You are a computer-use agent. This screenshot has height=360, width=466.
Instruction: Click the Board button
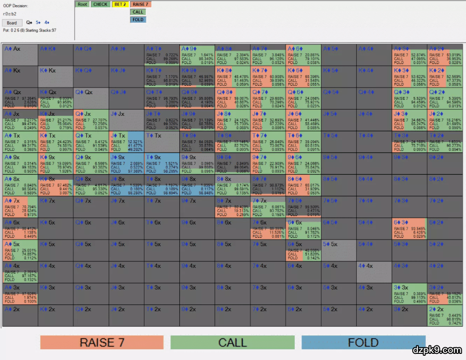[x=12, y=23]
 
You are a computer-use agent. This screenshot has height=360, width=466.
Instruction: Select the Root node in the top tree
[x=82, y=4]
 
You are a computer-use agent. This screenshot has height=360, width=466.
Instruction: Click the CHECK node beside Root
[x=100, y=4]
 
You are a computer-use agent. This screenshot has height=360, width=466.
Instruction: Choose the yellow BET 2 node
[x=120, y=4]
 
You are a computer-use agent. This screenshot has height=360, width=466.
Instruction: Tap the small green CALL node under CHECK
[x=138, y=12]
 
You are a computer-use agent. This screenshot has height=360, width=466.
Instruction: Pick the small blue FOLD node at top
[x=138, y=20]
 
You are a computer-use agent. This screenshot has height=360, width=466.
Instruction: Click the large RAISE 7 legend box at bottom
[x=102, y=342]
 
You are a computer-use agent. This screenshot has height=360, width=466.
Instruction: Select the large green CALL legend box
[x=232, y=342]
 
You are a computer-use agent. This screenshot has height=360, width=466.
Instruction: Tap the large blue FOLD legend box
[x=363, y=342]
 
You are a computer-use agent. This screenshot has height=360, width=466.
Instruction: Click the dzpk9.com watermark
[x=436, y=350]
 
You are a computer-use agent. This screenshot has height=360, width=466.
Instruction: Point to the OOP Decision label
[x=16, y=6]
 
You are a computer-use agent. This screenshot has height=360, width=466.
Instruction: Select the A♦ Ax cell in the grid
[x=20, y=55]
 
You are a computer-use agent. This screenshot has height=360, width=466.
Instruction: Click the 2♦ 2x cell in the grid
[x=445, y=316]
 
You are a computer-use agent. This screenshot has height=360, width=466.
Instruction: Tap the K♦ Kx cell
[x=56, y=77]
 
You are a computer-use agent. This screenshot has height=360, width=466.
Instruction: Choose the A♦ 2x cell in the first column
[x=20, y=316]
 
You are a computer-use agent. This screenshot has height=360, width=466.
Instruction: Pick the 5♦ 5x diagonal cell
[x=338, y=250]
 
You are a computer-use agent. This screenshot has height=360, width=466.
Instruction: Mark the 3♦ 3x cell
[x=410, y=294]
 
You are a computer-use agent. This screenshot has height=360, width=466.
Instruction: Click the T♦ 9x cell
[x=161, y=164]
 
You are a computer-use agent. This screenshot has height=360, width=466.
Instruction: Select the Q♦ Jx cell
[x=91, y=120]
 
